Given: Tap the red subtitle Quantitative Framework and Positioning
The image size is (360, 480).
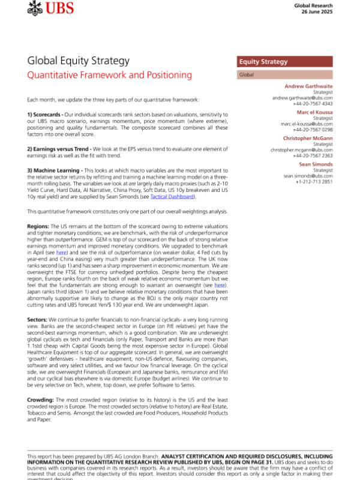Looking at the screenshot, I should [110, 76].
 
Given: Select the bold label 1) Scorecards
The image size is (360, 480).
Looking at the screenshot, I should [51, 114].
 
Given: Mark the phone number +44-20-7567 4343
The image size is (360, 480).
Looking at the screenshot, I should [312, 103].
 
